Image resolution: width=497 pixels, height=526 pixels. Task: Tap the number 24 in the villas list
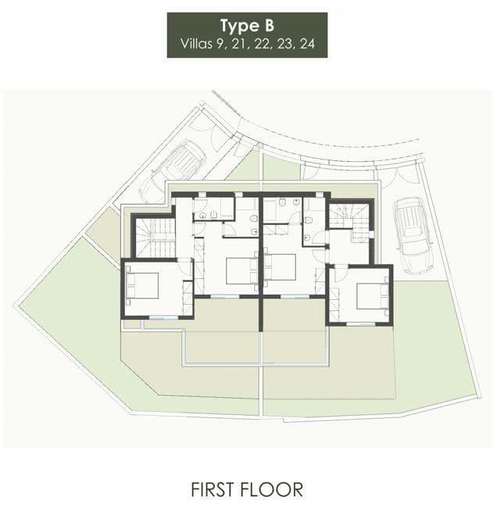coord(307,44)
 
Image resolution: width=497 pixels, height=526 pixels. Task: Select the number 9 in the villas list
coord(220,44)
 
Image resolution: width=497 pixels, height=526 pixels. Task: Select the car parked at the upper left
coord(173,171)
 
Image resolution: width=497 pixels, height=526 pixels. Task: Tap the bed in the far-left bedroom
coord(142,285)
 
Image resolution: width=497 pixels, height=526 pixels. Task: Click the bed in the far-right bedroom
coord(372,296)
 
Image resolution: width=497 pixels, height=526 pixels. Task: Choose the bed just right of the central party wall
coord(280,267)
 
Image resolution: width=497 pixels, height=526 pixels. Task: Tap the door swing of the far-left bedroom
coord(184,267)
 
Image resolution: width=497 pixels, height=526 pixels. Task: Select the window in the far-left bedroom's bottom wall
coord(163,317)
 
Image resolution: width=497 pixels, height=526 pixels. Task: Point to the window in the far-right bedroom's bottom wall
coord(360,324)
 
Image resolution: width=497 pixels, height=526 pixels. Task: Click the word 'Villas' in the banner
coord(196,44)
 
